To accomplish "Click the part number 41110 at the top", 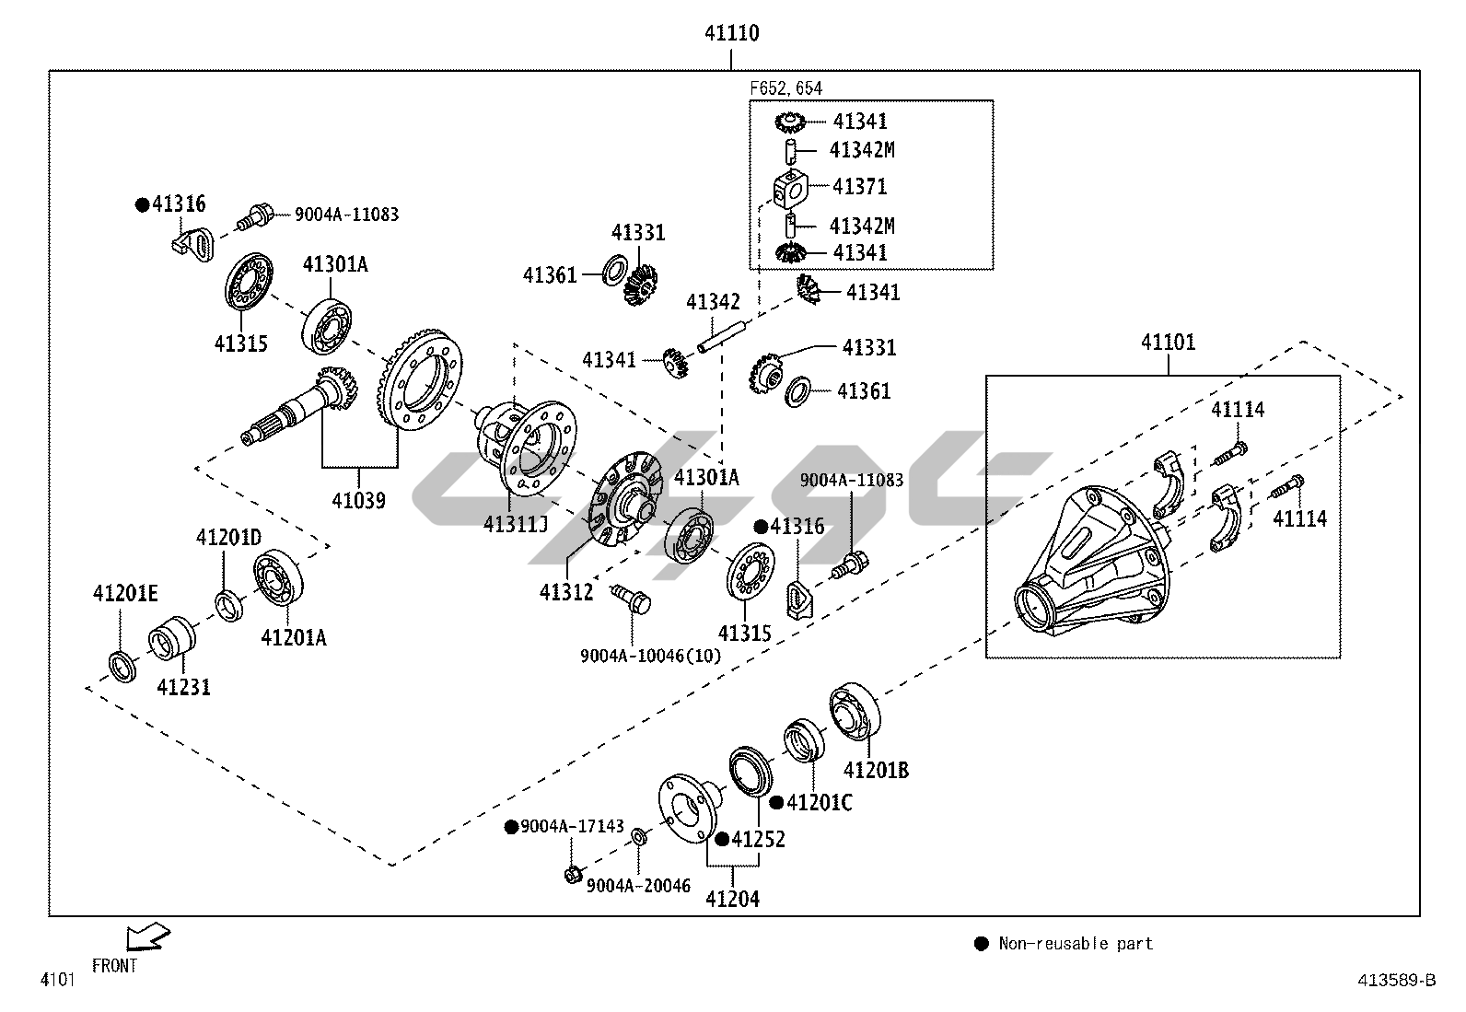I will coord(731,34).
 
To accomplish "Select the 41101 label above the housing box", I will coord(1168,343).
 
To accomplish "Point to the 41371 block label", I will coord(859,187).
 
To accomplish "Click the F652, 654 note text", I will coord(785,88).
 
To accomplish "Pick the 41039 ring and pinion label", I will coord(358,501).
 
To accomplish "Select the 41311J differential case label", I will coord(516,524).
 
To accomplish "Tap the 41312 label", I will coord(566,591).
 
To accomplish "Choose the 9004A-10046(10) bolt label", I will coord(650,656).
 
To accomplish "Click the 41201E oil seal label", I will coord(125,595).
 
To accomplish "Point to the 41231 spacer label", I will coord(183,687).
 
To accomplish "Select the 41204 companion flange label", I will coord(732,899).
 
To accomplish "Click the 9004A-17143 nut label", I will coord(571,827).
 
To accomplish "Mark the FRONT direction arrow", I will coord(146,936).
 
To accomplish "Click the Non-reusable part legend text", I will coord(1075,944).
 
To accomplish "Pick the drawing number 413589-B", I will coord(1396,980).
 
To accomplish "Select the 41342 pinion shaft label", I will coord(713,302).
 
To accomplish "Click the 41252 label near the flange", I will coord(758,839).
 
